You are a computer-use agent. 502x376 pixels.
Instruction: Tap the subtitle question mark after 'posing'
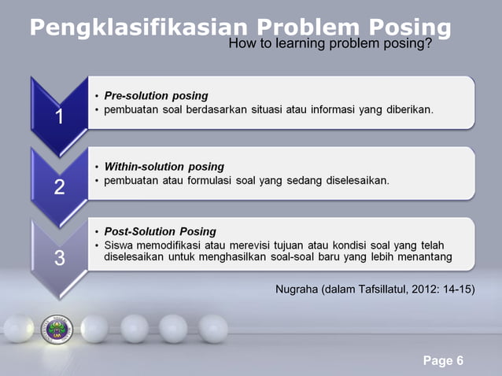[x=429, y=44]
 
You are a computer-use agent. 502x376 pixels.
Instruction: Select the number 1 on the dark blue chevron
[x=59, y=117]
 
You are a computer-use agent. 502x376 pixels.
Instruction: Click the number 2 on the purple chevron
[x=59, y=188]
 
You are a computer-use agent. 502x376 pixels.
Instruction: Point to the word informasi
[x=338, y=109]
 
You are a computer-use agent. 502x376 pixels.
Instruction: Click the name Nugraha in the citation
[x=297, y=289]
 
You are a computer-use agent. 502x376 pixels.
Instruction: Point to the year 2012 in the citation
[x=424, y=289]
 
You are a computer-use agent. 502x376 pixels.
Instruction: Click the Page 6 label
[x=443, y=361]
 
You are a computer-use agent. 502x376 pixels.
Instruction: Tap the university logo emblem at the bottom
[x=57, y=328]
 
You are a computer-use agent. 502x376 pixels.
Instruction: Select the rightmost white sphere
[x=212, y=328]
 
